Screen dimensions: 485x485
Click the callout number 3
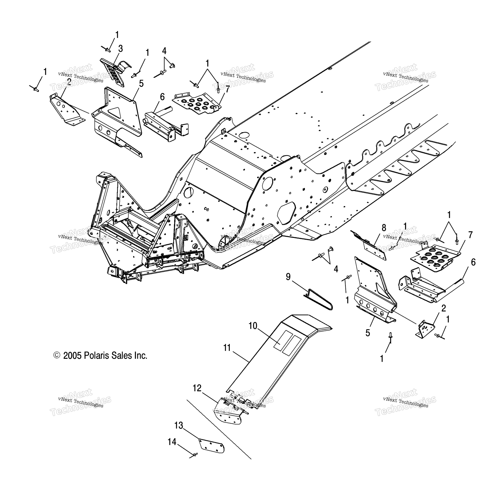coord(120,49)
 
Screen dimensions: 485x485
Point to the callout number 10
coord(253,326)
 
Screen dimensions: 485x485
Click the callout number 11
coord(227,348)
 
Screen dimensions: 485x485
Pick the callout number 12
coord(197,388)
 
